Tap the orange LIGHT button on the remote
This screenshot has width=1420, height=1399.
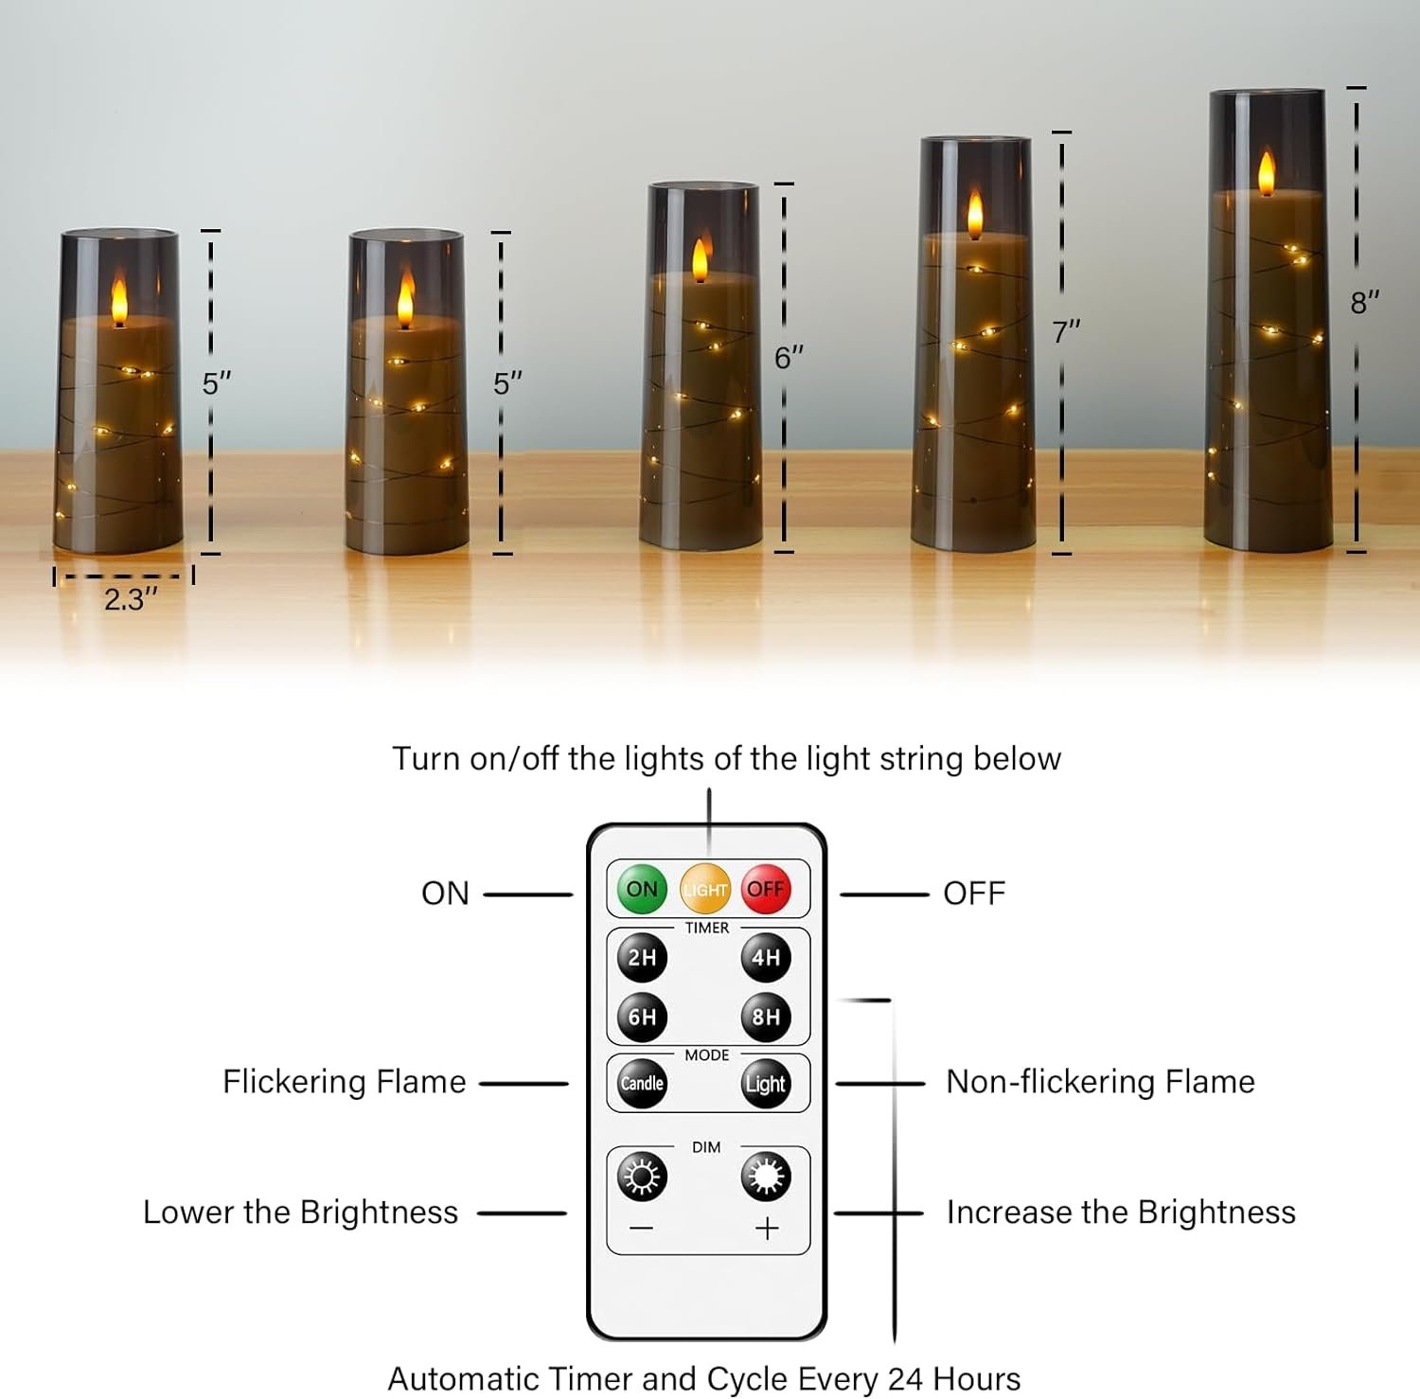click(x=705, y=889)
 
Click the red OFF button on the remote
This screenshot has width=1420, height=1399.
click(x=765, y=889)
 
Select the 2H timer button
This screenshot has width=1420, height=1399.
click(x=642, y=957)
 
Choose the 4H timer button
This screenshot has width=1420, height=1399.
click(x=766, y=957)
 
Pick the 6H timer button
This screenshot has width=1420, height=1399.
click(x=642, y=1017)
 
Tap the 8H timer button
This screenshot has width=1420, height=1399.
click(x=766, y=1017)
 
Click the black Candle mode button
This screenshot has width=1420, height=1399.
click(x=642, y=1083)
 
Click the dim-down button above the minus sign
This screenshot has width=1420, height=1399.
click(x=642, y=1177)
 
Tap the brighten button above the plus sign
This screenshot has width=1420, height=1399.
click(x=766, y=1177)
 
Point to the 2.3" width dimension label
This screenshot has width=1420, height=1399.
click(x=131, y=599)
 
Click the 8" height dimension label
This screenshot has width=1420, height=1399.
click(x=1364, y=303)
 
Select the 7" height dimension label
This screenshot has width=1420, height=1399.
click(x=1066, y=332)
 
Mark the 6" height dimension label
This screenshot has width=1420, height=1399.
click(x=789, y=358)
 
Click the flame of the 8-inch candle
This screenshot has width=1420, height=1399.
click(x=1267, y=174)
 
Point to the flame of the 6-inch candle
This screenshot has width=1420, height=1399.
click(x=701, y=258)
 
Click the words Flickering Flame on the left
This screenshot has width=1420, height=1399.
click(x=344, y=1082)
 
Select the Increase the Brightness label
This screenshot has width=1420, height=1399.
click(x=1121, y=1213)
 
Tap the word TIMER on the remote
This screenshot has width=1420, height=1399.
click(x=707, y=928)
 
